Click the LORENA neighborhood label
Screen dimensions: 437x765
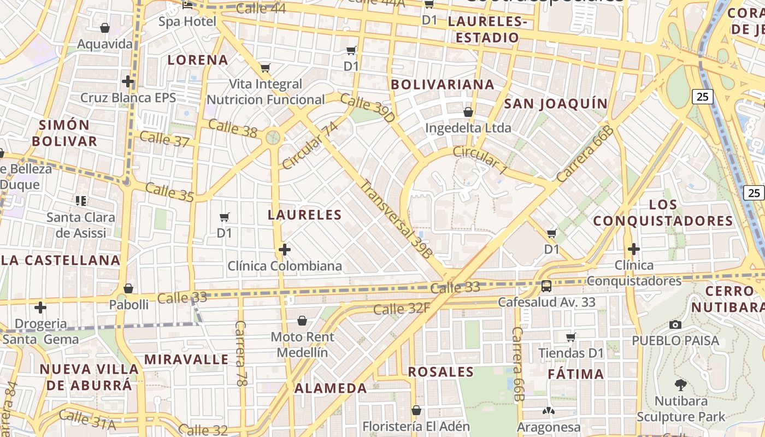point(198,60)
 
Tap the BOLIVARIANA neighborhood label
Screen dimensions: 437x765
point(443,85)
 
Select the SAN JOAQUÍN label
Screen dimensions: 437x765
point(556,104)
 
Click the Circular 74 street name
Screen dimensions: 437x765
point(310,146)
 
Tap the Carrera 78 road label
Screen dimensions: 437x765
point(240,353)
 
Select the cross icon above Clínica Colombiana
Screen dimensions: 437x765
point(284,250)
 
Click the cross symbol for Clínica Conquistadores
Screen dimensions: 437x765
point(633,249)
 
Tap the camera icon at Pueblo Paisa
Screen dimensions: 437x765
point(675,324)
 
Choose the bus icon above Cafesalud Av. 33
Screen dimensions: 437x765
point(546,286)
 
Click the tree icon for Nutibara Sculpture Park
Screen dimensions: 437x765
point(680,385)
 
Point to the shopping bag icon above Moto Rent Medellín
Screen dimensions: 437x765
point(302,321)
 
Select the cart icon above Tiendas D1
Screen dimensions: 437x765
point(571,337)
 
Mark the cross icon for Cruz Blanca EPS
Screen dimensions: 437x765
point(128,81)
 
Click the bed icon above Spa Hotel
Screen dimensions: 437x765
point(187,6)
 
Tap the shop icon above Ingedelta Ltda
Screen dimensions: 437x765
point(468,112)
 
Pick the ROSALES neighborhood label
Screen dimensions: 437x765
point(441,372)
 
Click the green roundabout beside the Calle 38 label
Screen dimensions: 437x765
point(273,137)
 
